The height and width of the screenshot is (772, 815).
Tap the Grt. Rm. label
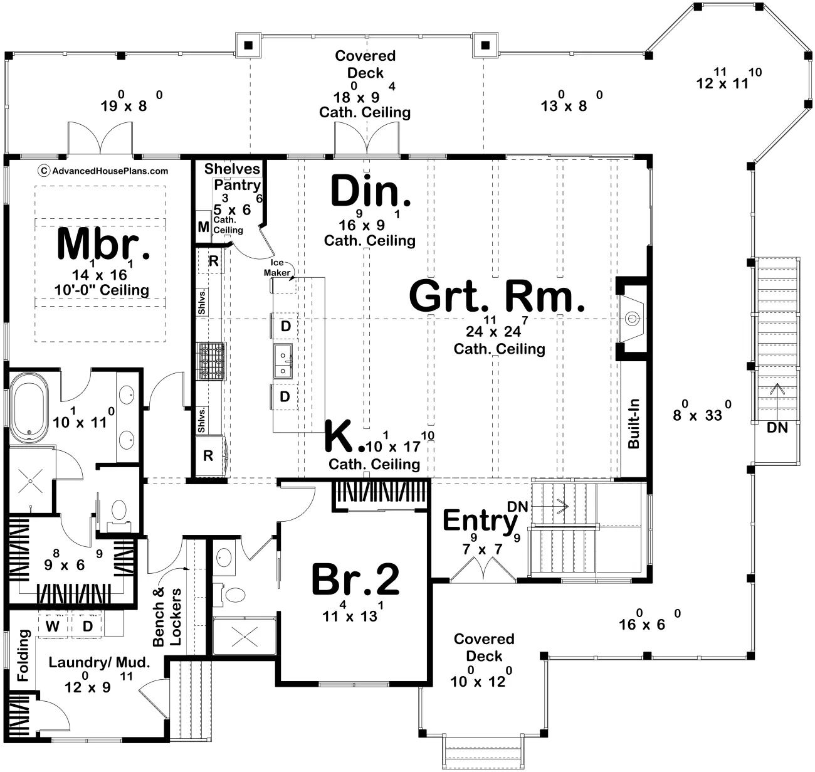point(497,296)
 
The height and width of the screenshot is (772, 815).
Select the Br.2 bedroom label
point(355,579)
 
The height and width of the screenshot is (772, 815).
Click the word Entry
point(480,521)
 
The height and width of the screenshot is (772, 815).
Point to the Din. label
point(370,191)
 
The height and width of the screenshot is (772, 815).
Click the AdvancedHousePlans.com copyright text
point(103,171)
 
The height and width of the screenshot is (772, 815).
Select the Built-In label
point(634,423)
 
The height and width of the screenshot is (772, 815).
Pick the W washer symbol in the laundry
point(52,626)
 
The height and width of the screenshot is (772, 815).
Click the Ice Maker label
point(277,268)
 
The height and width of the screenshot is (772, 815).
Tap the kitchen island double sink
point(283,361)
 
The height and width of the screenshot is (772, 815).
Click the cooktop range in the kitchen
point(211,361)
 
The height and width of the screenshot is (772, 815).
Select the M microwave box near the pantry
point(203,227)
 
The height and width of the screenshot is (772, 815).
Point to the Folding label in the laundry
point(23,655)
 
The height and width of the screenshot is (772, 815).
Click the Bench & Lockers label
point(167,616)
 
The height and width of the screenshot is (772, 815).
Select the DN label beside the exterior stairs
point(777,428)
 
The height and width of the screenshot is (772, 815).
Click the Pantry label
point(237,185)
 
